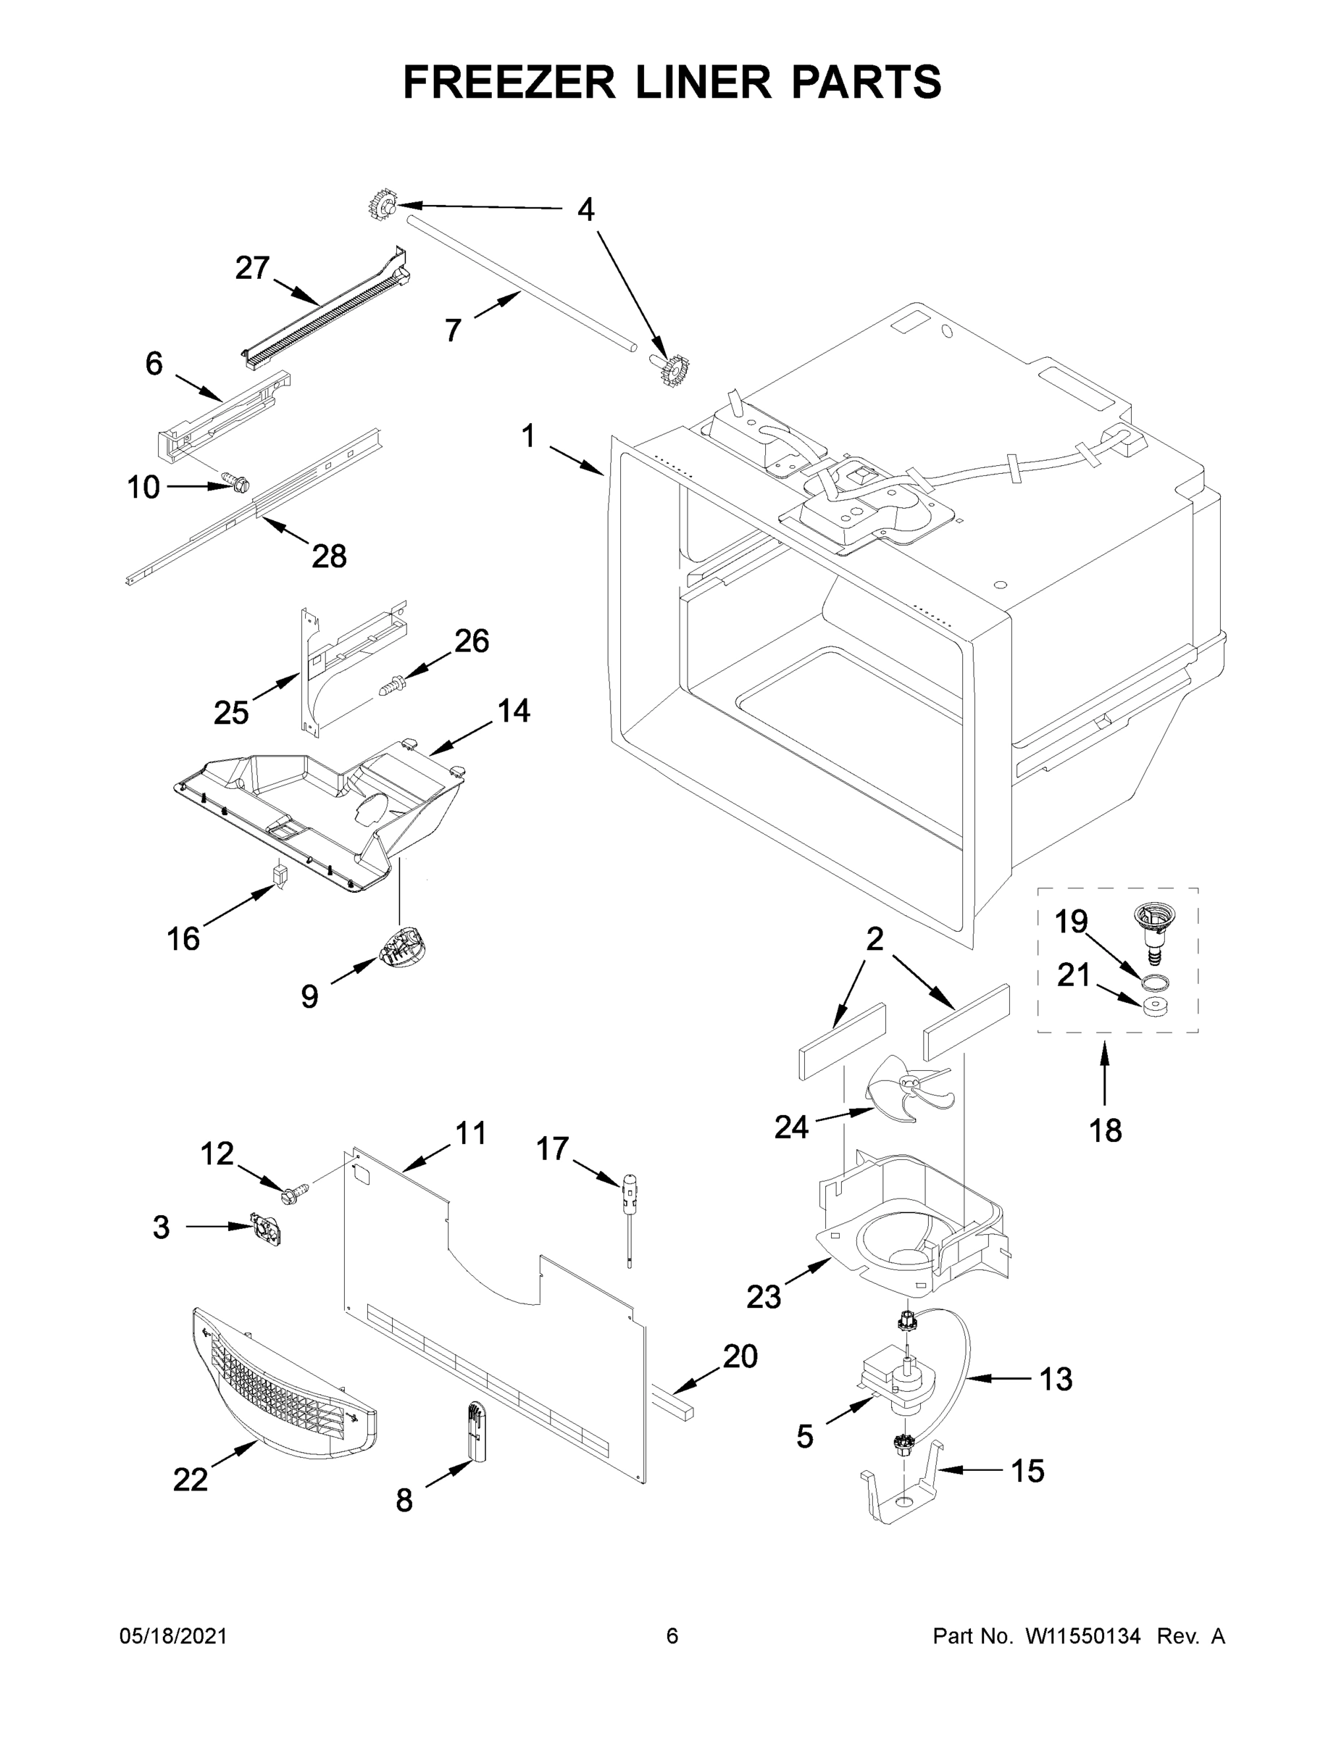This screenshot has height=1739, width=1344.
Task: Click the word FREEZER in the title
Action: click(x=509, y=82)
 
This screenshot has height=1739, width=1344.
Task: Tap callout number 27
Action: click(x=252, y=268)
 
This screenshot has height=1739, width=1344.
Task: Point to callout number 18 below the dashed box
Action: click(x=1105, y=1130)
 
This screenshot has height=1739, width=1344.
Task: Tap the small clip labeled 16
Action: click(x=280, y=875)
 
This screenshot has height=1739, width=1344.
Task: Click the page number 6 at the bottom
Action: click(x=672, y=1635)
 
